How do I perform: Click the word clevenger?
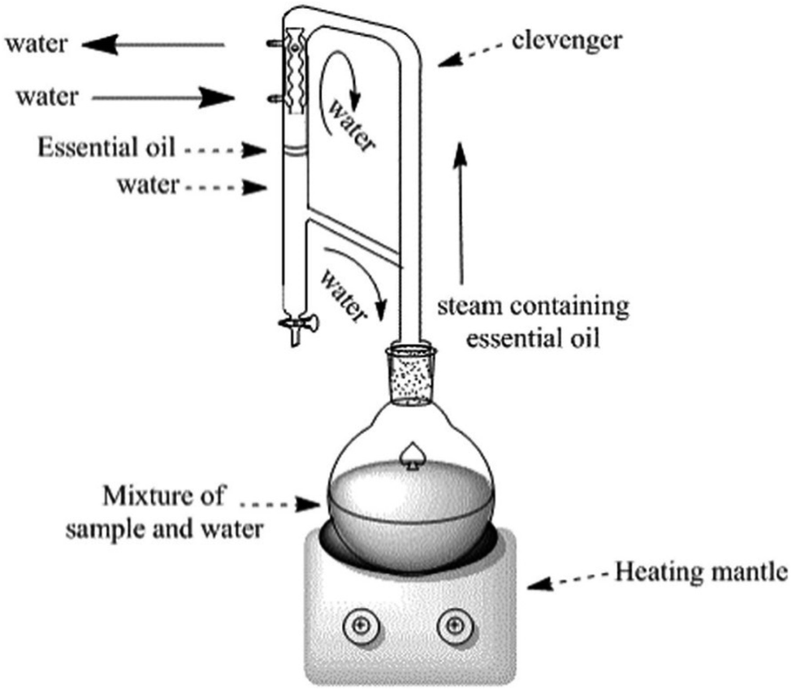pos(566,41)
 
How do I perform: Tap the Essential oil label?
pos(106,148)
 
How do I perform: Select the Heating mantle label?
pos(701,572)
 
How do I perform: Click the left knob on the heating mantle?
pos(361,626)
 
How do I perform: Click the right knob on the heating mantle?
pos(456,626)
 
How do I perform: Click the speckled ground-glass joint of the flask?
pos(411,375)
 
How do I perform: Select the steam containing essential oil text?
pos(534,322)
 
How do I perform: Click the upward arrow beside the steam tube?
pos(460,213)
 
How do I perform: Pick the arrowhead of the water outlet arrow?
pos(100,45)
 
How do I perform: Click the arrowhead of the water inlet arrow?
pos(217,98)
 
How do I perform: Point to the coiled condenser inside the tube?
pos(295,70)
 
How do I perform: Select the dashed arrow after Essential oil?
pos(225,150)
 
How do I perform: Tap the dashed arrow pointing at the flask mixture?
pos(279,504)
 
